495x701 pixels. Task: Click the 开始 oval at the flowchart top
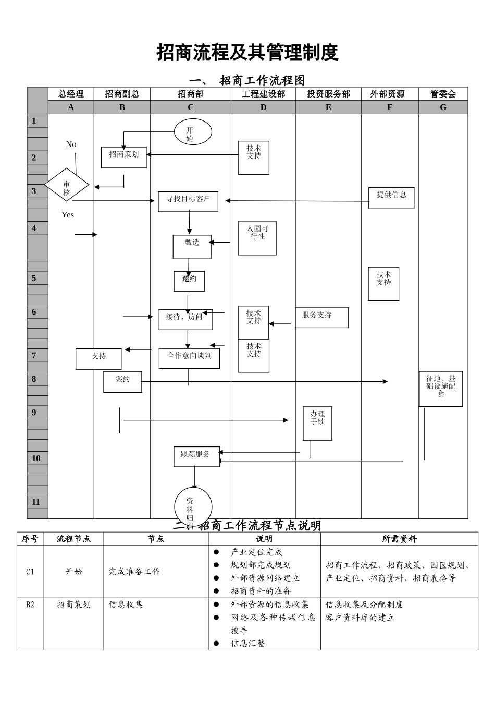coord(193,132)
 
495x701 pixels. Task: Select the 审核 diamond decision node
coord(67,185)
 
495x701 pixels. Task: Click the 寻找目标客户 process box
coord(188,201)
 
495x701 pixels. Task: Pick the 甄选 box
coord(192,246)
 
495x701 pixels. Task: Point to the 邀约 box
coord(189,281)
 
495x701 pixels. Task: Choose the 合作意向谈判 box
coord(189,358)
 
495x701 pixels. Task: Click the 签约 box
coord(122,382)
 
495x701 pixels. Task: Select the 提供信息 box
coord(391,198)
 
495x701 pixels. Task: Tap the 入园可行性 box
coord(257,238)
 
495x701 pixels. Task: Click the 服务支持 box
coord(321,318)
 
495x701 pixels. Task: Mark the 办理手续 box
coord(317,423)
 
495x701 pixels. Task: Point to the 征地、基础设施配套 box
coord(441,389)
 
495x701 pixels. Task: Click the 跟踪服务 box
coord(196,456)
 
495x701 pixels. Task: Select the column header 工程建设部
coord(263,94)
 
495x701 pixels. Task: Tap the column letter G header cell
coord(443,107)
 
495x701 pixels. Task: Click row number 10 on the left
coord(36,458)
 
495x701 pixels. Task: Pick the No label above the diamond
coord(71,144)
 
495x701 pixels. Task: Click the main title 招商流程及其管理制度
coord(247,53)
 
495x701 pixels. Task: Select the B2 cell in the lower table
coord(30,605)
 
